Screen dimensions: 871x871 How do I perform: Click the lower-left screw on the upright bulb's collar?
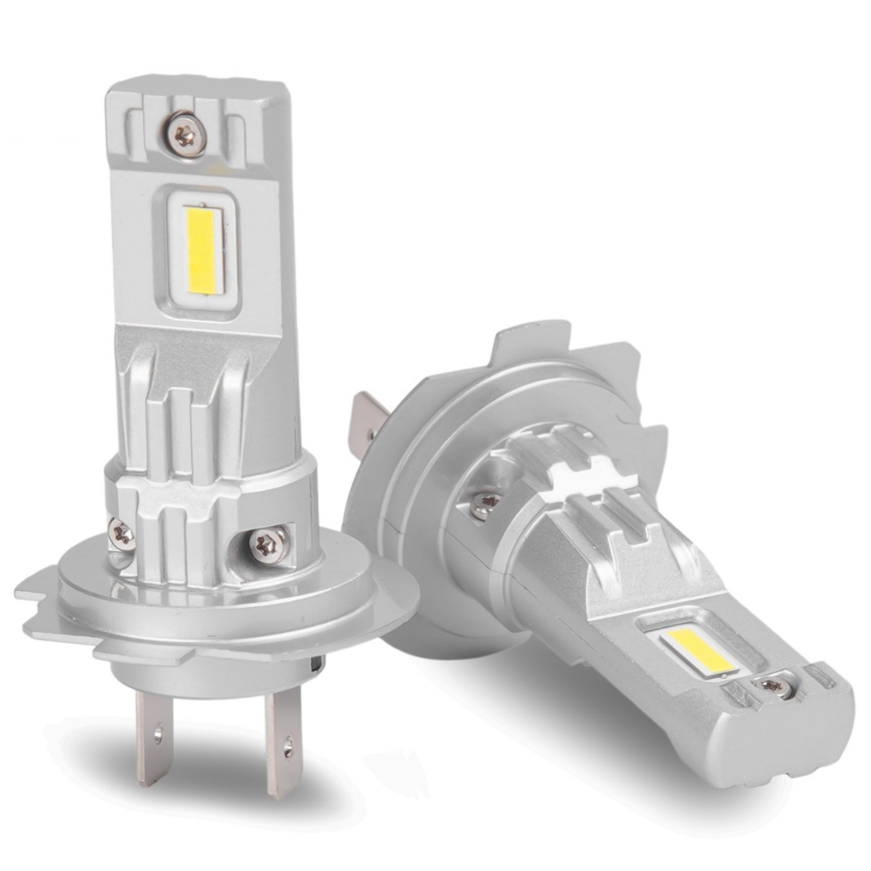(x=123, y=531)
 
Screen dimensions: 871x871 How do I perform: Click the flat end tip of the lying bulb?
(x=796, y=749)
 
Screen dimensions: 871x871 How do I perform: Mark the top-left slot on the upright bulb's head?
(x=135, y=128)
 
